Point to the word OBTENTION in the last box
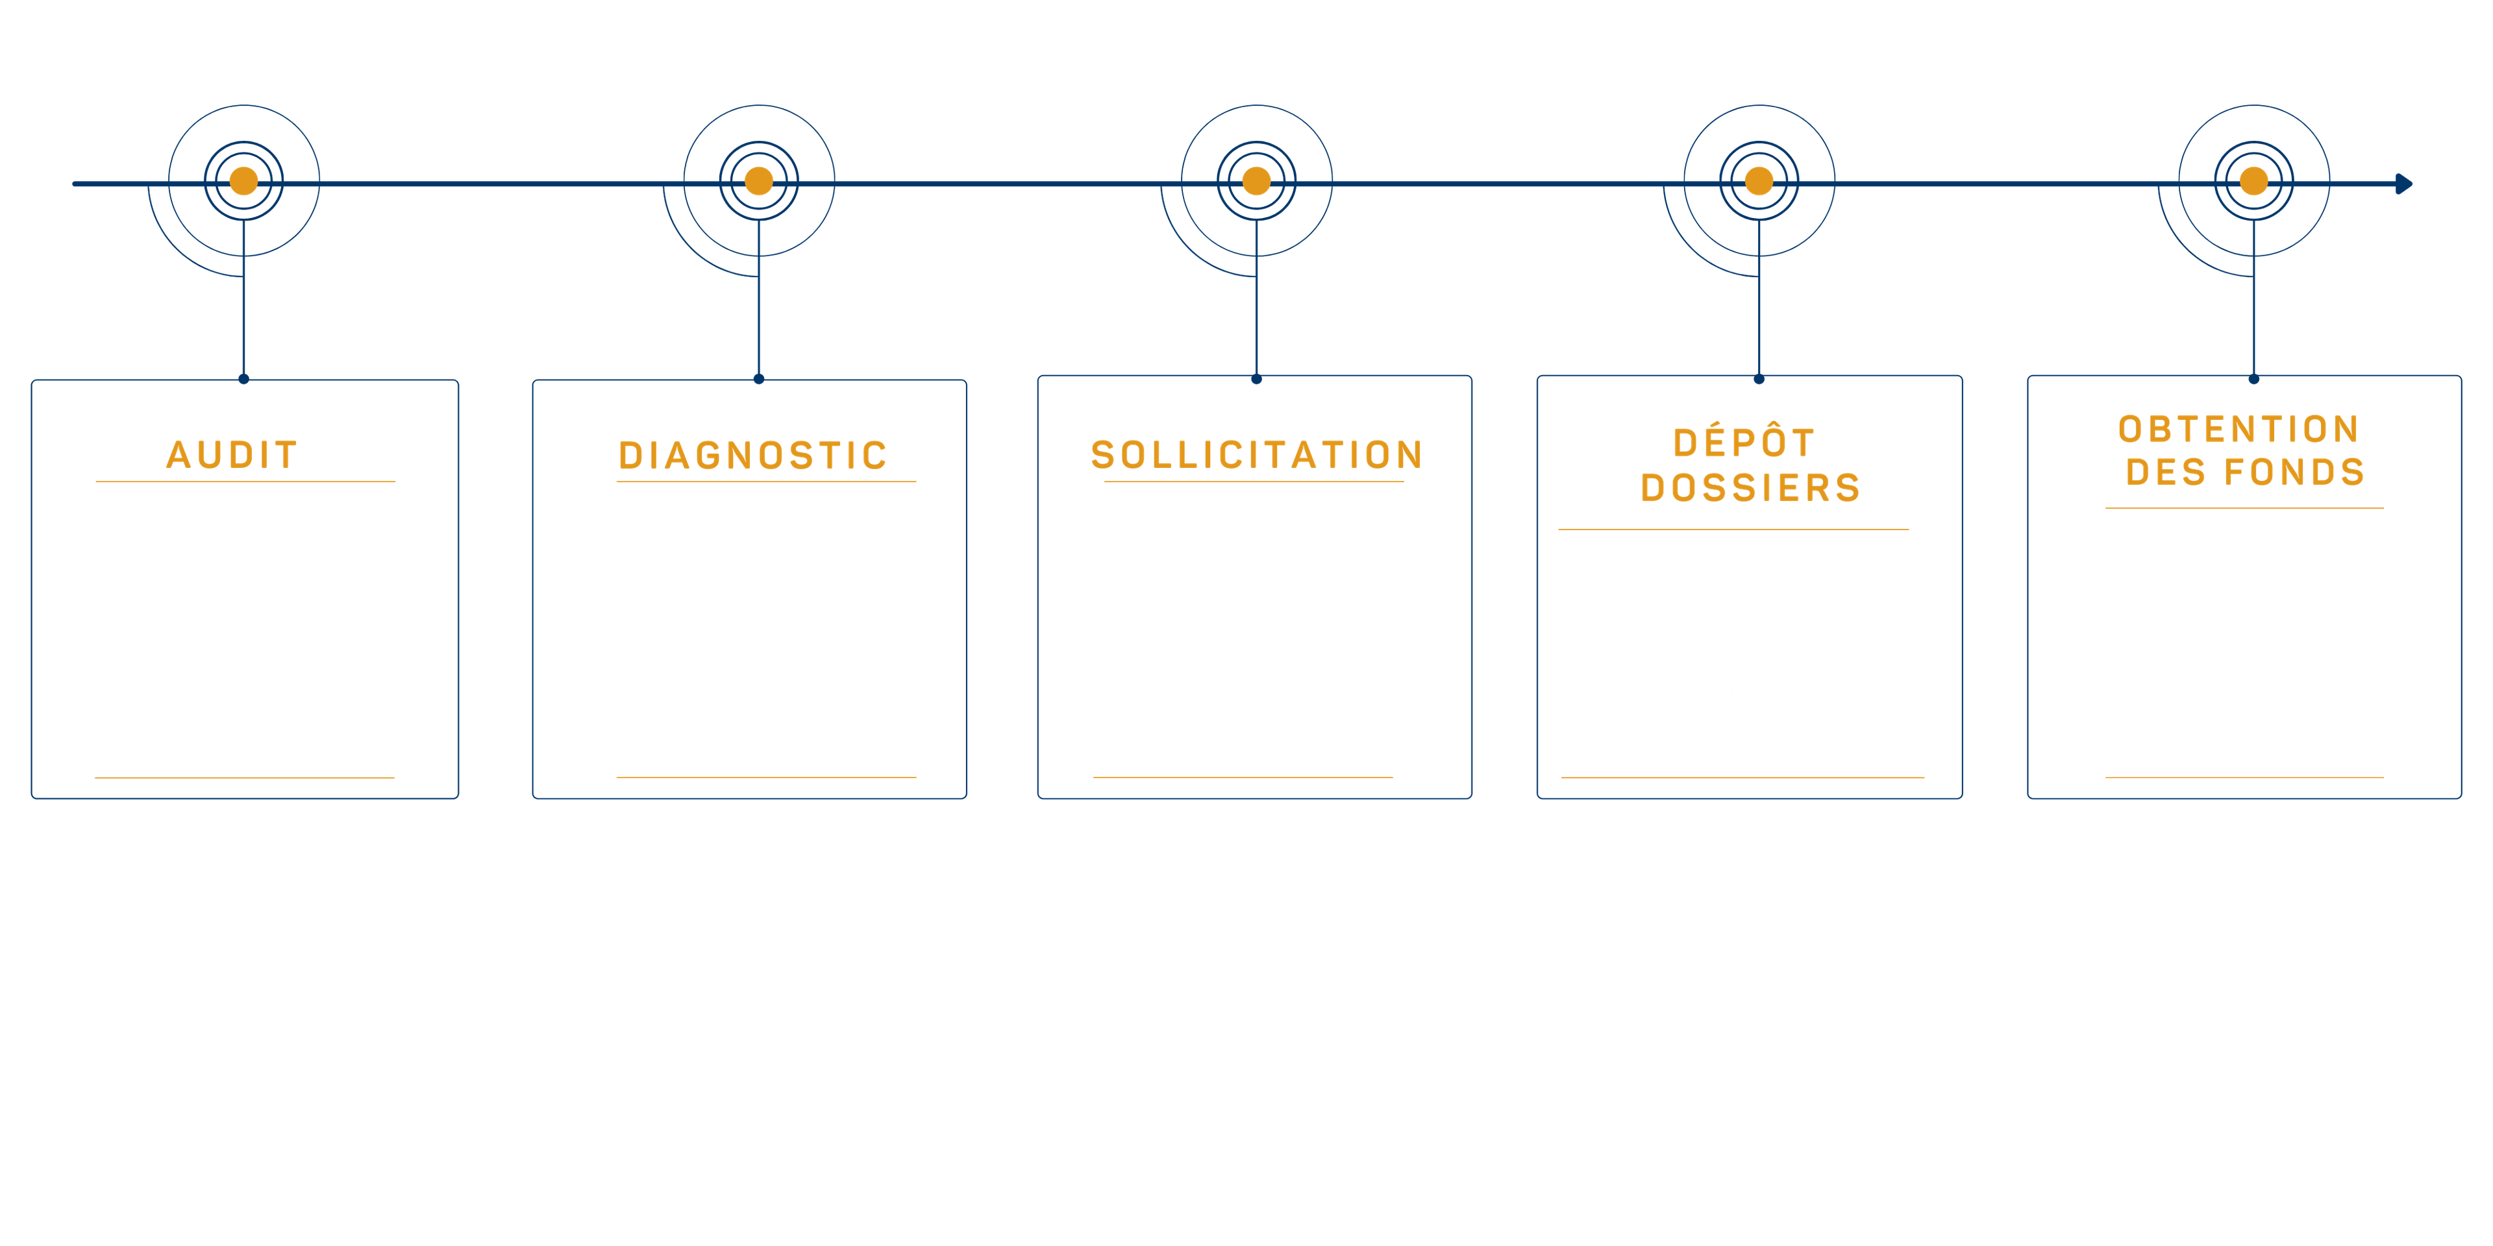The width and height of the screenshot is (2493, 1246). [2239, 428]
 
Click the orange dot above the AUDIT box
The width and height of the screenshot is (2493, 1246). [244, 181]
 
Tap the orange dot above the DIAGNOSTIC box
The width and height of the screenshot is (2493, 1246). [759, 181]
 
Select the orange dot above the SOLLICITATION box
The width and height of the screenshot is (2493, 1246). [1256, 181]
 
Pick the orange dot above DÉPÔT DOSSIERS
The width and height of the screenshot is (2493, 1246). [1759, 181]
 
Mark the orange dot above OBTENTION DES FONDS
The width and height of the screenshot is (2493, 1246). [2254, 181]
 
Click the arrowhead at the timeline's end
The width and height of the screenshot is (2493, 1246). [2404, 184]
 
